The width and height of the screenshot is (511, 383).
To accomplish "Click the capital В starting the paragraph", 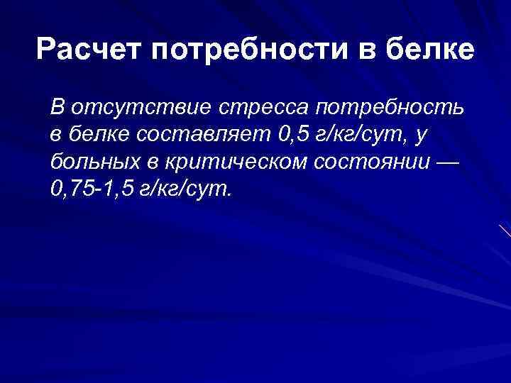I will (57, 109).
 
